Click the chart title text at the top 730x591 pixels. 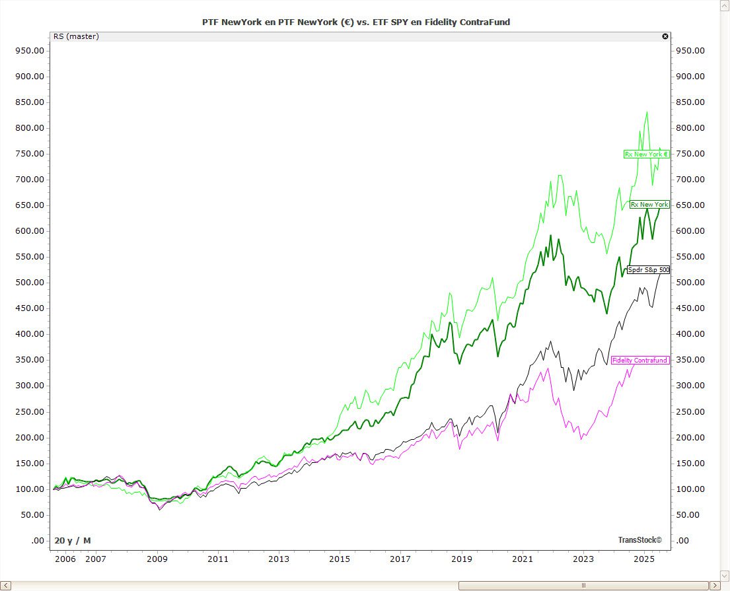click(x=355, y=22)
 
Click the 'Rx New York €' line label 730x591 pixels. click(x=647, y=154)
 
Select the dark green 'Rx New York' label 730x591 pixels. click(x=649, y=205)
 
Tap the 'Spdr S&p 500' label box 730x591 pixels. click(x=648, y=269)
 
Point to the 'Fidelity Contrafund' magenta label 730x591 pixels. click(x=640, y=360)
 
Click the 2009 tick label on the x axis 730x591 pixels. click(x=157, y=559)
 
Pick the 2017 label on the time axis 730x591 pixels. click(x=400, y=559)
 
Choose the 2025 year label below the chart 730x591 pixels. click(x=643, y=559)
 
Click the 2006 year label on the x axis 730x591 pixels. click(x=65, y=559)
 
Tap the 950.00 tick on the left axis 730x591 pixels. click(x=30, y=50)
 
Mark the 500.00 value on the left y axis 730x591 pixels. click(x=30, y=283)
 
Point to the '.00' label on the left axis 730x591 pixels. click(x=38, y=541)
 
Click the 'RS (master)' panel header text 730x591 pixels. click(x=76, y=36)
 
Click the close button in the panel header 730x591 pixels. click(x=665, y=36)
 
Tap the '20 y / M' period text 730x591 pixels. click(x=73, y=540)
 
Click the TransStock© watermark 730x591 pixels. click(x=639, y=539)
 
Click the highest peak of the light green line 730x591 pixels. click(x=647, y=112)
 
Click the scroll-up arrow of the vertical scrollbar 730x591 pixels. click(x=725, y=5)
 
